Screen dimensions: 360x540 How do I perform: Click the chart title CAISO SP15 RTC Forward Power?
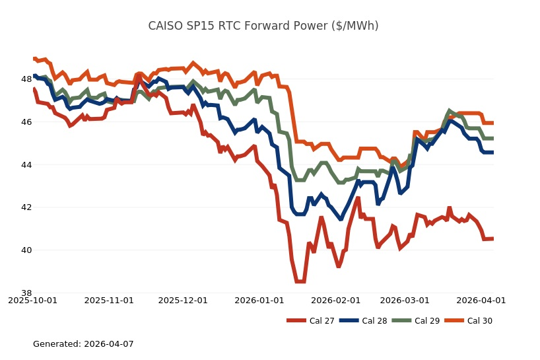coord(263,26)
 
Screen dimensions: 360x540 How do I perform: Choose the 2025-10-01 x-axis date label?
coord(32,300)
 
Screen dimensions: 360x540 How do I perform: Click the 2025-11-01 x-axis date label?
coord(109,300)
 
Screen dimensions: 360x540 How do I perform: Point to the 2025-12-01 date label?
coord(183,300)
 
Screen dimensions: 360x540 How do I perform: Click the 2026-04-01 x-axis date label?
coord(481,300)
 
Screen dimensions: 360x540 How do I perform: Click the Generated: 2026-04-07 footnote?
coord(83,344)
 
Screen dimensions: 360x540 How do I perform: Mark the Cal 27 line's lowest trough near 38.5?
coord(300,281)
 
